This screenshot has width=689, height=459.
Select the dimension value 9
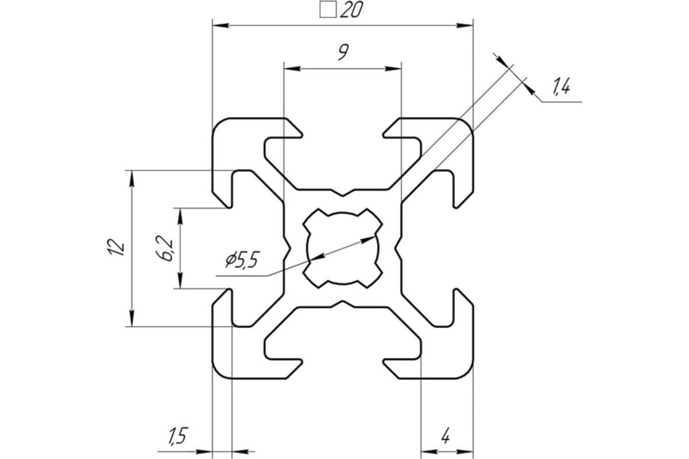[x=342, y=54]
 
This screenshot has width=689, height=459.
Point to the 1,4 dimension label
[x=560, y=88]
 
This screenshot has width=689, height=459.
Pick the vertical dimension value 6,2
[x=167, y=248]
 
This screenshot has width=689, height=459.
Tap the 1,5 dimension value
[x=177, y=437]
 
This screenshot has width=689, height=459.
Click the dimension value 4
[x=446, y=437]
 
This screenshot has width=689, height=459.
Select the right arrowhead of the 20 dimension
[x=465, y=26]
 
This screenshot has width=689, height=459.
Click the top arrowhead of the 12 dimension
[x=132, y=178]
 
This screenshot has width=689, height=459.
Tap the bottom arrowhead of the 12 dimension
[x=132, y=319]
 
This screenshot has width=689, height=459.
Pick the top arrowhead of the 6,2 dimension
[x=181, y=216]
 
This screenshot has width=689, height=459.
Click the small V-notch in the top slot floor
[x=343, y=191]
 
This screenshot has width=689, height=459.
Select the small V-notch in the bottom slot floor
[x=343, y=303]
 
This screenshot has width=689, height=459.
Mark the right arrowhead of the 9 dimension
[x=393, y=68]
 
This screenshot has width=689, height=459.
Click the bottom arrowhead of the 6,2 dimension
[x=181, y=281]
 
